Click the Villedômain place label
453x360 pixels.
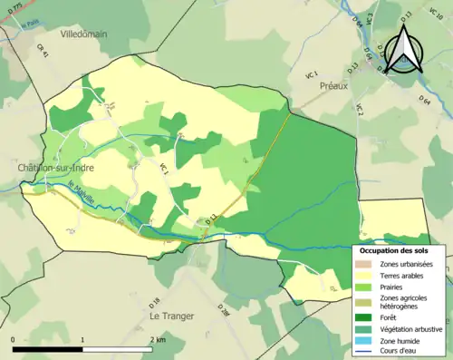[84, 33]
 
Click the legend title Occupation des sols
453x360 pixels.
[399, 249]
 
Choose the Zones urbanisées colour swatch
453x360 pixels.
[365, 263]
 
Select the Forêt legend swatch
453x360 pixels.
[365, 317]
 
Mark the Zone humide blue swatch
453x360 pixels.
[365, 342]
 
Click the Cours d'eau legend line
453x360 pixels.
[365, 354]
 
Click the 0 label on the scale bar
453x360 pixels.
[14, 340]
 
